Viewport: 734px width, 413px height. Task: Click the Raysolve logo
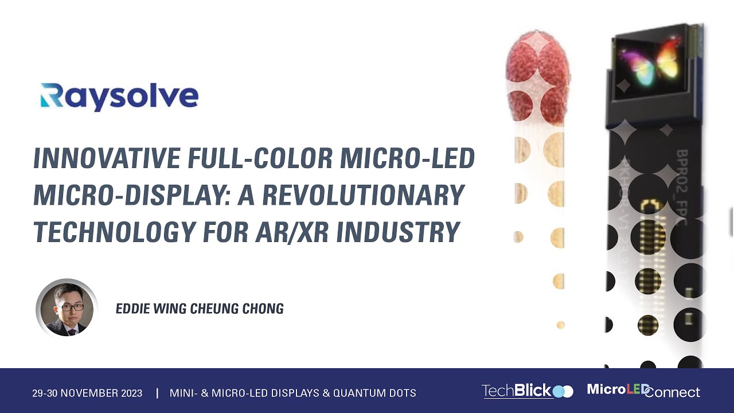119,96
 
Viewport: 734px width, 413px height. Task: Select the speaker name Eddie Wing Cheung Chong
200,309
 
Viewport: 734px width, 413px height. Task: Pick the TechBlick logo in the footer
526,391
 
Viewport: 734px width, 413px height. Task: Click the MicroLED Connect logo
643,391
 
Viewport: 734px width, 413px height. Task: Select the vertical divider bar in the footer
157,393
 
